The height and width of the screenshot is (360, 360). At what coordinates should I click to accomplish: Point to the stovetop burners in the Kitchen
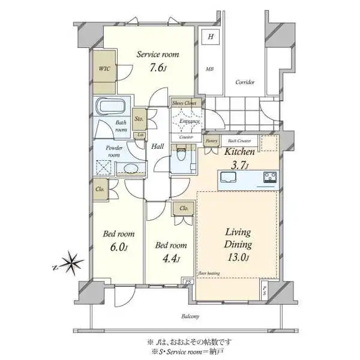[269, 177]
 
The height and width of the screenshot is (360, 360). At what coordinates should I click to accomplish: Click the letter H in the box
[211, 37]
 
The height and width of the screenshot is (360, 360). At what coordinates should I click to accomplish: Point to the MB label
[210, 69]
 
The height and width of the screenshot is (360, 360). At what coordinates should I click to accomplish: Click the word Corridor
[245, 82]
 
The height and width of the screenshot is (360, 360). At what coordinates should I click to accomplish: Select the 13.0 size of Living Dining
[238, 259]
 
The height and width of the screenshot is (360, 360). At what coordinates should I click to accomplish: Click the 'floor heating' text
[209, 271]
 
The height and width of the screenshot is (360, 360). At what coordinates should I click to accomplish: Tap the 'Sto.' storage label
[139, 118]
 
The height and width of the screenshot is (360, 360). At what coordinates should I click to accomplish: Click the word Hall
[157, 146]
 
